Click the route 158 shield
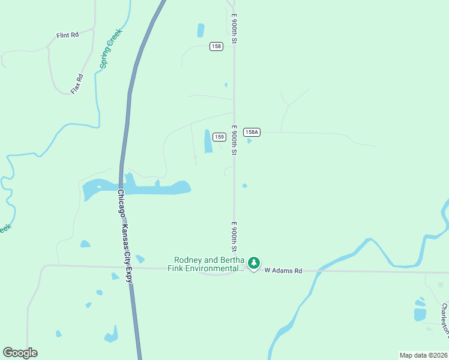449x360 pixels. (217, 46)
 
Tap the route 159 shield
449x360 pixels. (219, 137)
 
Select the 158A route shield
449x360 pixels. (251, 132)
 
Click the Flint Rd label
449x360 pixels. (67, 35)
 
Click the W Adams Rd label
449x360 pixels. (283, 271)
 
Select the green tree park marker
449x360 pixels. (255, 263)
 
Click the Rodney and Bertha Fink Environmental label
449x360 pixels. (209, 264)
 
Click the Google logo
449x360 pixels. (20, 352)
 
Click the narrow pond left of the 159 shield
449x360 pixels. (208, 141)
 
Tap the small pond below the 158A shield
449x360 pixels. (249, 141)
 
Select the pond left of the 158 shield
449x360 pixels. (200, 30)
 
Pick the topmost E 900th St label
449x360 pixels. (234, 28)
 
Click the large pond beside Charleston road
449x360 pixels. (420, 314)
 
